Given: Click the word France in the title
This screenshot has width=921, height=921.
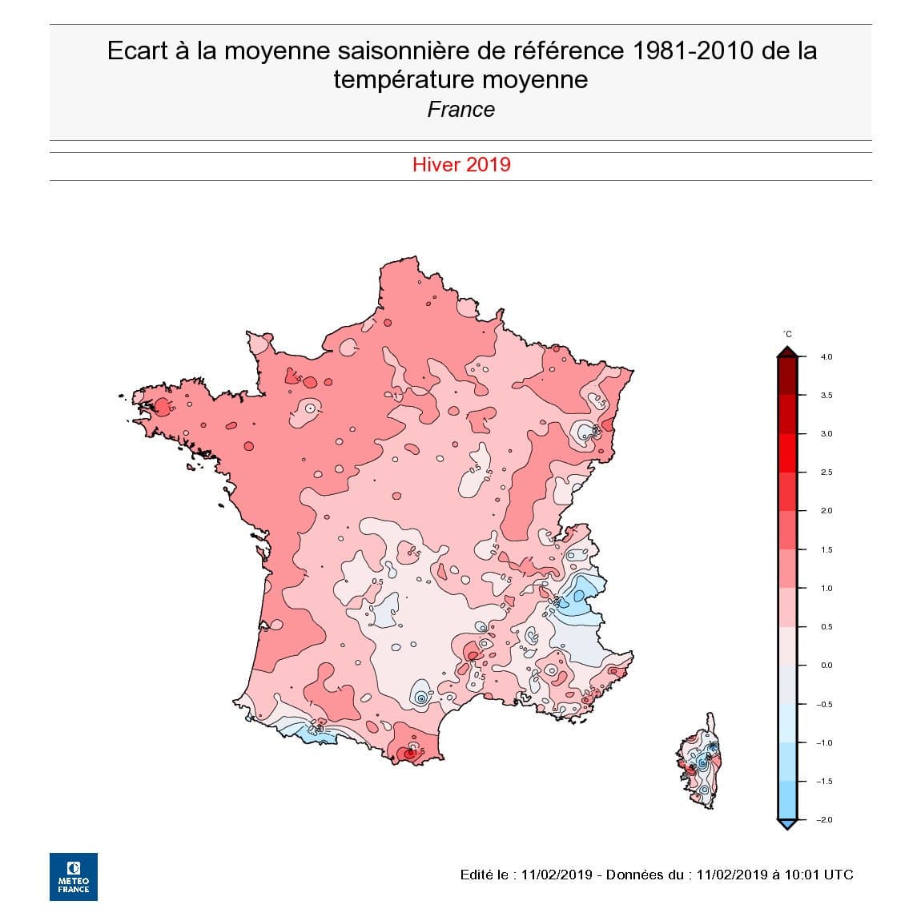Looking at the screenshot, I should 460,110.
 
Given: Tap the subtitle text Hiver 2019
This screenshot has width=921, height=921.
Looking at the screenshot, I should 461,165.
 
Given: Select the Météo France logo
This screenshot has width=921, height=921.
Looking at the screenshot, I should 74,876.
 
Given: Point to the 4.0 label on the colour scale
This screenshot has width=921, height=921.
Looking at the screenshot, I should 826,357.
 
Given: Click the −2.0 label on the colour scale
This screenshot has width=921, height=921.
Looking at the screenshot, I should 824,820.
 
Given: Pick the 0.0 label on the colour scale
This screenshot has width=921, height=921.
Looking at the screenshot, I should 826,666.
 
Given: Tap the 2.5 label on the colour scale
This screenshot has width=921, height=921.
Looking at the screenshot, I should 826,473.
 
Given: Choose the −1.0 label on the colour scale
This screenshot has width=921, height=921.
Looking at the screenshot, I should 824,743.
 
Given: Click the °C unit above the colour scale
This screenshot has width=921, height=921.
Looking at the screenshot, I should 787,334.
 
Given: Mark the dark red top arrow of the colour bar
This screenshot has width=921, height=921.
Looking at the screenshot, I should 787,351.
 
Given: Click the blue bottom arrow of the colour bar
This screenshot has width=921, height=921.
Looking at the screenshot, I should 787,824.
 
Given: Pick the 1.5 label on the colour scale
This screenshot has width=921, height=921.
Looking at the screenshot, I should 826,550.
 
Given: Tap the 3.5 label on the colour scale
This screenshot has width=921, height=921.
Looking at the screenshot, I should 826,396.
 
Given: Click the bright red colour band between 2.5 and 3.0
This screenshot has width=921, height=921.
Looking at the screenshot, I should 787,453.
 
